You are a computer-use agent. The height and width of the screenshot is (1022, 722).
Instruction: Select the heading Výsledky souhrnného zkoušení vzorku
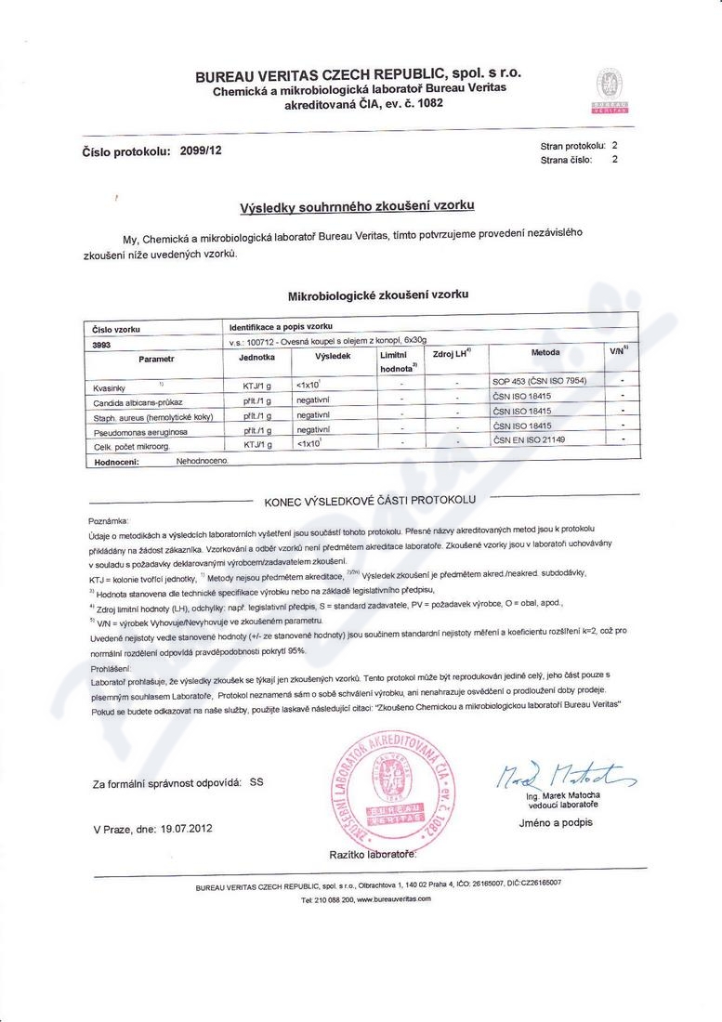357,206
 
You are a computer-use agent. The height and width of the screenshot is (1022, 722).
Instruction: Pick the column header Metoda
545,353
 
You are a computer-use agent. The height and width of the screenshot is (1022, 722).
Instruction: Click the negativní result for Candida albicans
313,399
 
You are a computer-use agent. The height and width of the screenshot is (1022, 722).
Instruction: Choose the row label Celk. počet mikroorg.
132,446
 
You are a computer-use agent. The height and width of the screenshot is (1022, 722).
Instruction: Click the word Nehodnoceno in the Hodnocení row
202,461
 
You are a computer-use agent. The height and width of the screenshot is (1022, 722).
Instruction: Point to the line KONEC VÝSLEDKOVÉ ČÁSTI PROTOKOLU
370,500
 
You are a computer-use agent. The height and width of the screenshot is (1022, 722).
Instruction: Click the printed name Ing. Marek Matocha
563,797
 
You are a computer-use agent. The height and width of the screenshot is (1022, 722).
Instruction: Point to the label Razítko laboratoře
372,852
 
